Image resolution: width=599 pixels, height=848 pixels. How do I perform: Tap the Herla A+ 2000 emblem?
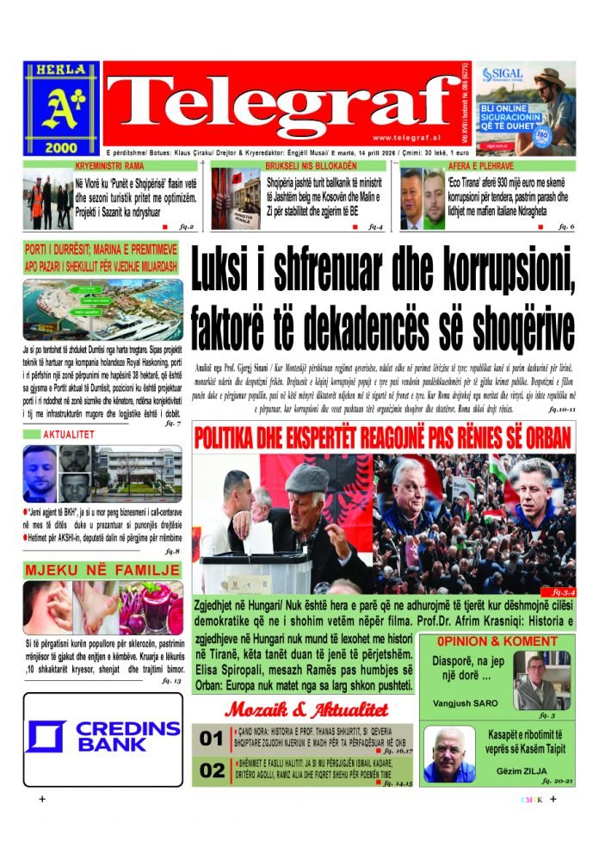61,108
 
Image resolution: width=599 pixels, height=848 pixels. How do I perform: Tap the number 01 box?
212,739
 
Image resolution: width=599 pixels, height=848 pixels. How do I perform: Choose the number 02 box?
212,771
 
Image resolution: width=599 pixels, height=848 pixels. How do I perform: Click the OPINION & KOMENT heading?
497,641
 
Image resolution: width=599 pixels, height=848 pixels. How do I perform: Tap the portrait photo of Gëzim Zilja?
448,755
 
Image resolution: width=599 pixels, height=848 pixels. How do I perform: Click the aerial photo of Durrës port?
102,310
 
